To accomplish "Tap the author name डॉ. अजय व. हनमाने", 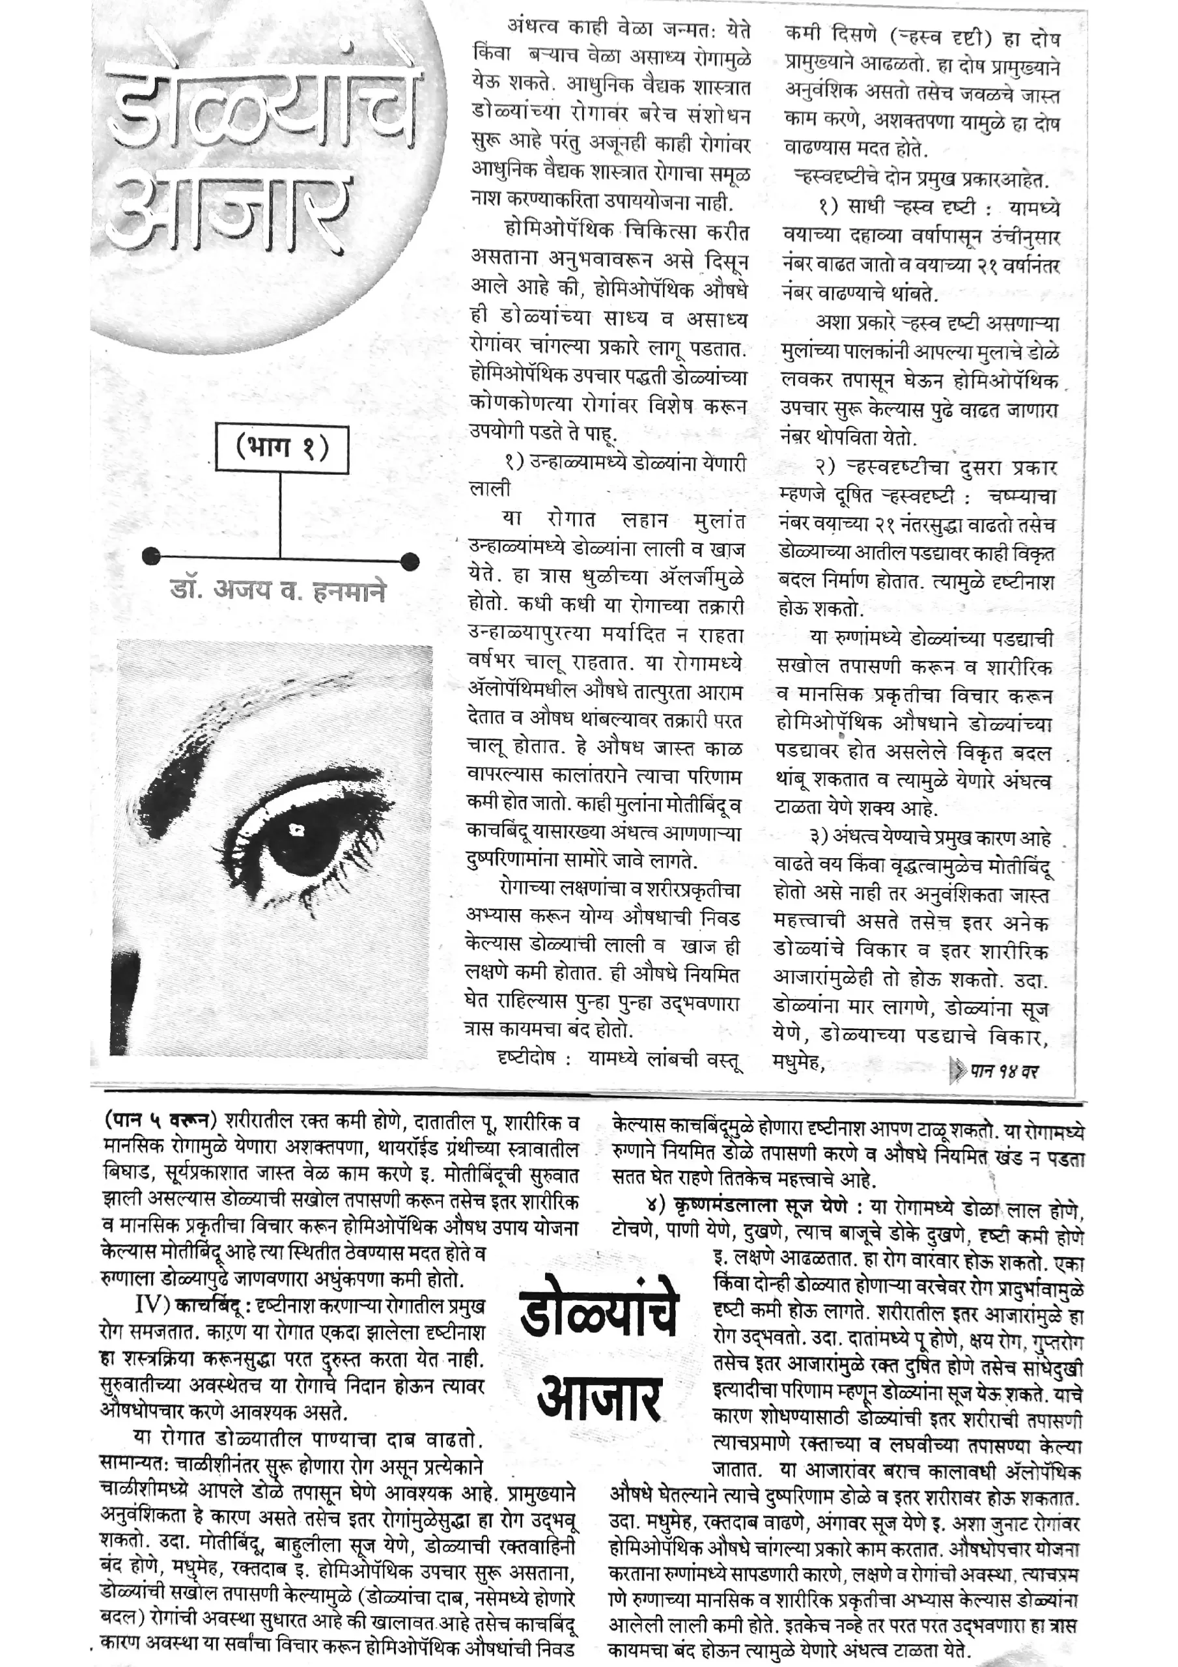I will [277, 590].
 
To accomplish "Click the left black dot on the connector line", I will [151, 557].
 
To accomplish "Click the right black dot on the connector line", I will [410, 561].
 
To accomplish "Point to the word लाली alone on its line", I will [490, 488].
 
